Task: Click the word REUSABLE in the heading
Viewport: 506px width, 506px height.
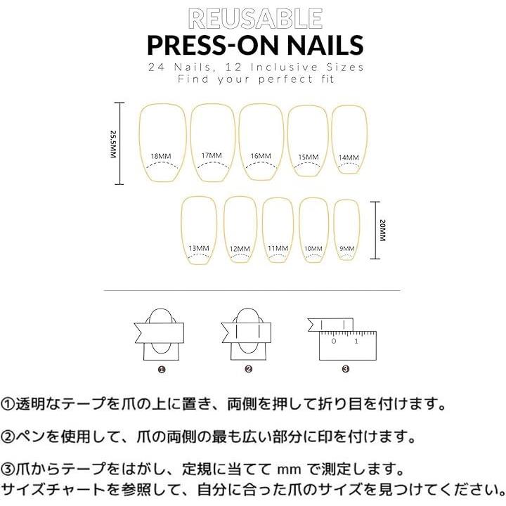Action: tap(255, 19)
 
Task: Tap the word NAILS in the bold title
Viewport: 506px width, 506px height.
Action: tap(325, 45)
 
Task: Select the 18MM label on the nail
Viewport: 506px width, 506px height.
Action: tap(161, 157)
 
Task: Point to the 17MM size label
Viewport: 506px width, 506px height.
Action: tap(212, 155)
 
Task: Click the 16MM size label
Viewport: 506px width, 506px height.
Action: tap(261, 156)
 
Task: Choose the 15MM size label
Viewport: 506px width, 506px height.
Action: tap(309, 157)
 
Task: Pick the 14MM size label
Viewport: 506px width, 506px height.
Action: tap(349, 158)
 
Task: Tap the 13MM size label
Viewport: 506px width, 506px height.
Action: tap(199, 248)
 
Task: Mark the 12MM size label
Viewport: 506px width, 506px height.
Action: tap(240, 249)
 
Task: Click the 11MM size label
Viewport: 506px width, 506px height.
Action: tap(278, 249)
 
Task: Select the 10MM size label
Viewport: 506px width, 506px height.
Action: tap(313, 249)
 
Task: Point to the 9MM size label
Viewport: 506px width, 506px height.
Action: tap(347, 249)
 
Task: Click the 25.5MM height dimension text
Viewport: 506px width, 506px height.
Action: tap(112, 144)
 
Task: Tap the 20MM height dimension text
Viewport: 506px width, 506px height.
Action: tap(383, 231)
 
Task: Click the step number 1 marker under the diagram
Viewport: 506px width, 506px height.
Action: tap(162, 370)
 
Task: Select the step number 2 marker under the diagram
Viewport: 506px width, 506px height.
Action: tap(248, 369)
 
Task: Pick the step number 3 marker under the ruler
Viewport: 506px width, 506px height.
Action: tap(345, 369)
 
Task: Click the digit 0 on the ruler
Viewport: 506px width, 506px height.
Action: tap(334, 341)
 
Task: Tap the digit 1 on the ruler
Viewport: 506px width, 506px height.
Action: tap(356, 341)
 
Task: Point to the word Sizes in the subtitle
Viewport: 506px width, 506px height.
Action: tap(345, 67)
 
